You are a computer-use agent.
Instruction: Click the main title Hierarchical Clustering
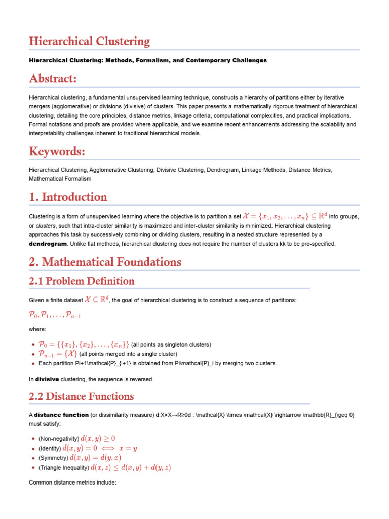click(89, 41)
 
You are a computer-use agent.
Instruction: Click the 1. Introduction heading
click(68, 197)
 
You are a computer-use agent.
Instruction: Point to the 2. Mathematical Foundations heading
click(105, 262)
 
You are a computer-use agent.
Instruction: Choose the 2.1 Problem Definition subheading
click(82, 281)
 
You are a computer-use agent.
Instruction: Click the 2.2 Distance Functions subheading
click(81, 396)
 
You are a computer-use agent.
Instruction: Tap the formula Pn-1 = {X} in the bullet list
click(58, 354)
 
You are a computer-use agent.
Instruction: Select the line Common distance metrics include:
click(73, 483)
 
